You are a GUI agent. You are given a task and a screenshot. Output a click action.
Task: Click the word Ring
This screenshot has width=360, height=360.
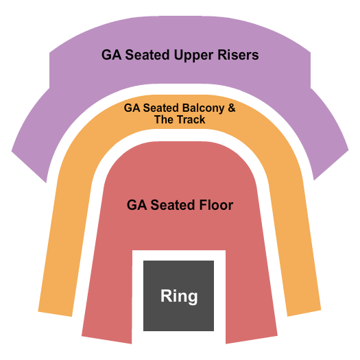coord(179,296)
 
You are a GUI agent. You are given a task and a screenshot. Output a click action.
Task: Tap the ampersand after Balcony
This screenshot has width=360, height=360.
coord(231,108)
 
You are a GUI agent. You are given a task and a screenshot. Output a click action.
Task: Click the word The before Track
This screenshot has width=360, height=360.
coord(163,120)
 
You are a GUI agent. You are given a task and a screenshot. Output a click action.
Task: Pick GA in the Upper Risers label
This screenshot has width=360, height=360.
coord(110,55)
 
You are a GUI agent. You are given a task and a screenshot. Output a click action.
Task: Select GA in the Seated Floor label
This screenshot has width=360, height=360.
coord(136,205)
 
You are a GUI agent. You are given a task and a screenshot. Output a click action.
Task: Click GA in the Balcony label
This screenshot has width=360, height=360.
coord(131,108)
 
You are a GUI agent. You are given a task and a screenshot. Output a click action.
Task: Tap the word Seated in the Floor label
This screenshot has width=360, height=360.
coord(169,205)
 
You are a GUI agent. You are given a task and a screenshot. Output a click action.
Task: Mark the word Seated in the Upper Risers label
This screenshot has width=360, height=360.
coord(147,55)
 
